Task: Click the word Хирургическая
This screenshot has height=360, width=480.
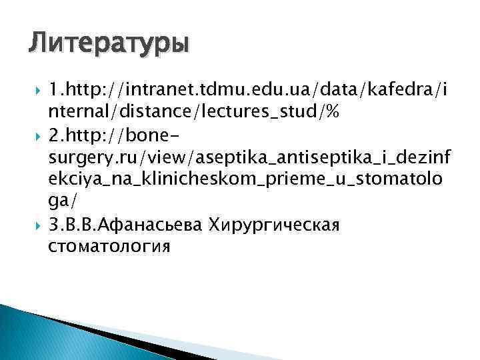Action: click(275, 225)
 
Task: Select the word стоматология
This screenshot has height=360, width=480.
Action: click(109, 246)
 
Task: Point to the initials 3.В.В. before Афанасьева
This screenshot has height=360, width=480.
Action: click(73, 225)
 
